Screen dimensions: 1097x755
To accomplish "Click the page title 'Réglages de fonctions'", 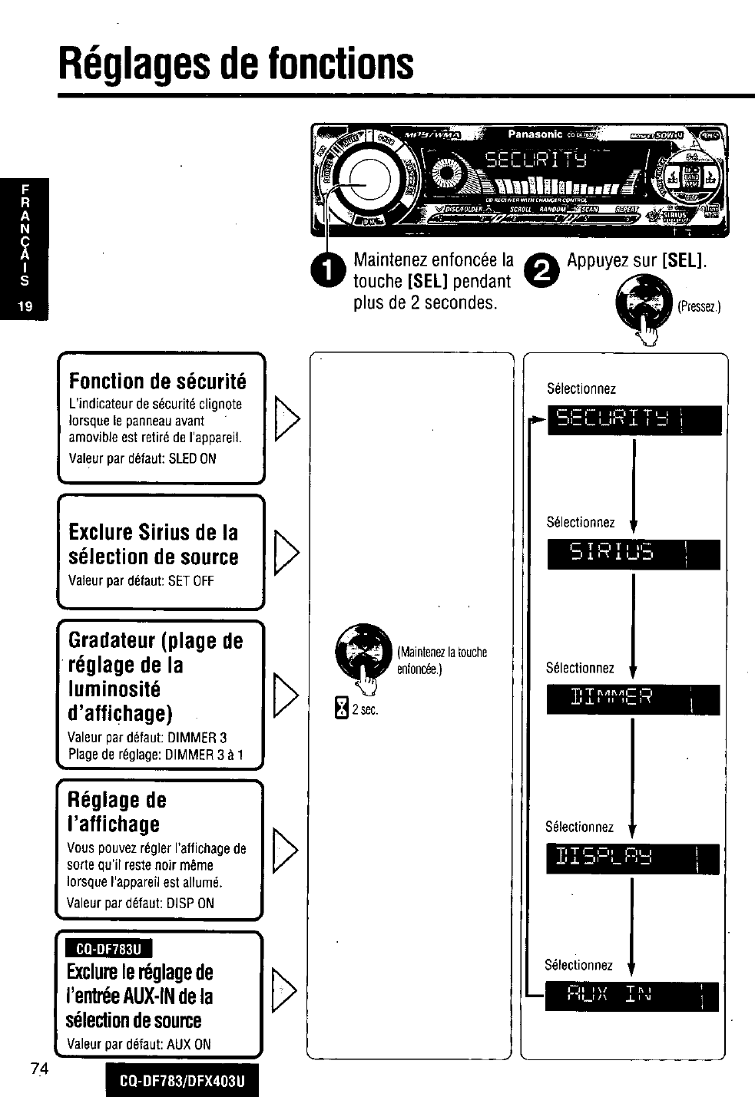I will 237,64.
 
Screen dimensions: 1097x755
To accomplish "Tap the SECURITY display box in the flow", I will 634,419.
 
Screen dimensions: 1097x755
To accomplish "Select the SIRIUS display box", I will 634,553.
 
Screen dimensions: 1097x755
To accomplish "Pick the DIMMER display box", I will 634,699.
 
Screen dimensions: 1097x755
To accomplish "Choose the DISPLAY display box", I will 632,858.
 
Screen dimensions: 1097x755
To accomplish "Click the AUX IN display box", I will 631,996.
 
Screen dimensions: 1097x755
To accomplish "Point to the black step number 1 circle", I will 323,271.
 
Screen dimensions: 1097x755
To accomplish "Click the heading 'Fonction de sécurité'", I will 157,382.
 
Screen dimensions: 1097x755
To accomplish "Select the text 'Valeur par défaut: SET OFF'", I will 141,580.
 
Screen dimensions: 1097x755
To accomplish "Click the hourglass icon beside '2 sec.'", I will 343,709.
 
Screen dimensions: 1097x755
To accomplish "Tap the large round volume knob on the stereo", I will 363,184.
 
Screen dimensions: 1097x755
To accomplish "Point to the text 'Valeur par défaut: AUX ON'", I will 139,1044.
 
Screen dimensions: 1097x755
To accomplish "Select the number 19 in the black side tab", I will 25,306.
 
